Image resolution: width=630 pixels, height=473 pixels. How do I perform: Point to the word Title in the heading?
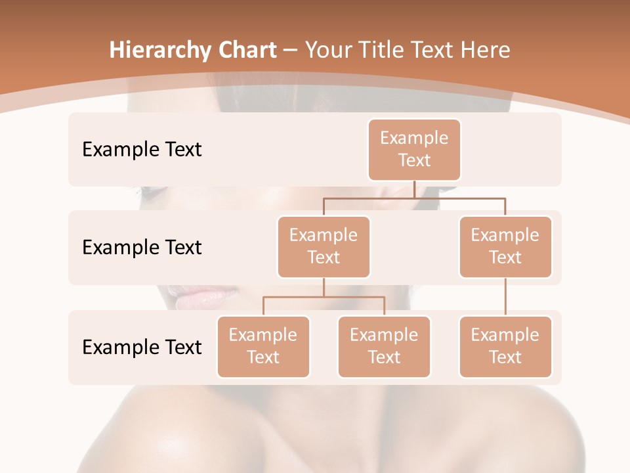pos(388,50)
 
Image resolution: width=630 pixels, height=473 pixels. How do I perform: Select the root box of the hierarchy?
pos(414,149)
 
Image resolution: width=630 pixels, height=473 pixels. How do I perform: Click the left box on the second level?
pos(324,246)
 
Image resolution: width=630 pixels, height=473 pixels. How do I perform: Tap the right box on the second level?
pos(505,246)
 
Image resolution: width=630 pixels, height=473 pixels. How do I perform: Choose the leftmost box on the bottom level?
pos(263,346)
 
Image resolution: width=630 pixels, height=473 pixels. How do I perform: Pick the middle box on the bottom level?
pos(384,346)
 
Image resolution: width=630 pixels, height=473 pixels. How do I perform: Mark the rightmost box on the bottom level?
pos(505,346)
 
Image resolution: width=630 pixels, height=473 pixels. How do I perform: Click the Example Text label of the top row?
pos(142,149)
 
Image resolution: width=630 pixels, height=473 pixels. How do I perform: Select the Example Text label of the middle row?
pos(142,247)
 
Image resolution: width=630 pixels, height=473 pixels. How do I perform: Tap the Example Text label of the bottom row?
pos(142,347)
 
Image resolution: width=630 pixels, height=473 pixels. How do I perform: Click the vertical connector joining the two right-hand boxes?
pos(505,297)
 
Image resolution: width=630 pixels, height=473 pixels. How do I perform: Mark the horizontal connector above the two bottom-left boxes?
pos(324,297)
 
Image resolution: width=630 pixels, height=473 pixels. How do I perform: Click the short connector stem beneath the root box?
pos(414,189)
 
